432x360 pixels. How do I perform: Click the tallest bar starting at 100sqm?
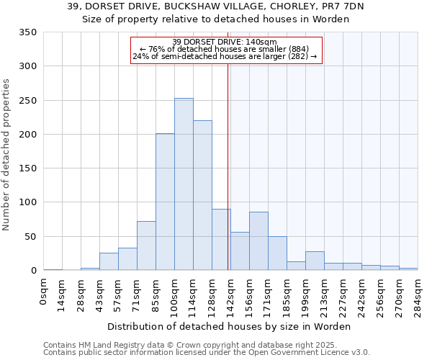point(184,184)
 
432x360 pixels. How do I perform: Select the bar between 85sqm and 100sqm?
point(165,202)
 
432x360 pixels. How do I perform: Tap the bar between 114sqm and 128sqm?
point(202,195)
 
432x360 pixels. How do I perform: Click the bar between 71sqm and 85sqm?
point(146,246)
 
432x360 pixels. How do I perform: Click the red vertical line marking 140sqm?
point(228,166)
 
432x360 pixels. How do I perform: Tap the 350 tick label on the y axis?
point(27,32)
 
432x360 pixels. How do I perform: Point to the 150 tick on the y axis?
point(27,168)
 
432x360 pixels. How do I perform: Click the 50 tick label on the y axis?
point(30,236)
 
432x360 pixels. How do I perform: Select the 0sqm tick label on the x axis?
point(44,291)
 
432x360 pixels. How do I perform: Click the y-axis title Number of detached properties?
point(6,155)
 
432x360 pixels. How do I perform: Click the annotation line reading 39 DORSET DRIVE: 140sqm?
point(225,42)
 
